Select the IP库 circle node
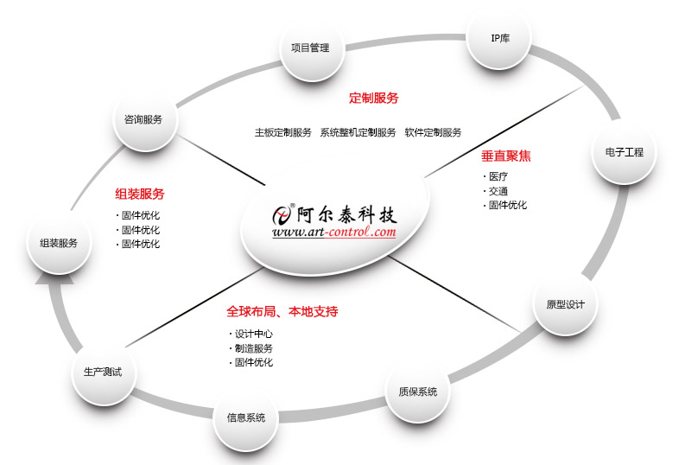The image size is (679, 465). [500, 38]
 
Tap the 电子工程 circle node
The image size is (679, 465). [624, 152]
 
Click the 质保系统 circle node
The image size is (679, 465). [417, 392]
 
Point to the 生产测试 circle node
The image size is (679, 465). [103, 372]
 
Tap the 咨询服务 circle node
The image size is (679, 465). [143, 118]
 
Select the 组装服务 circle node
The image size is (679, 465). [59, 243]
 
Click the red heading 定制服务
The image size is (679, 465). [373, 99]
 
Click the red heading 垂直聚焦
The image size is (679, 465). [505, 156]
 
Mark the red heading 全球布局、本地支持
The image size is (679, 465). [282, 311]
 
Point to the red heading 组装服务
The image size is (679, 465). [139, 194]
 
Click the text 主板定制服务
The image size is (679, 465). [282, 132]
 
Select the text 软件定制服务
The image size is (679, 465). [433, 132]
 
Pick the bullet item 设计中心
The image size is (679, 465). [253, 334]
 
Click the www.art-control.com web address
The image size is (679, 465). [333, 232]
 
